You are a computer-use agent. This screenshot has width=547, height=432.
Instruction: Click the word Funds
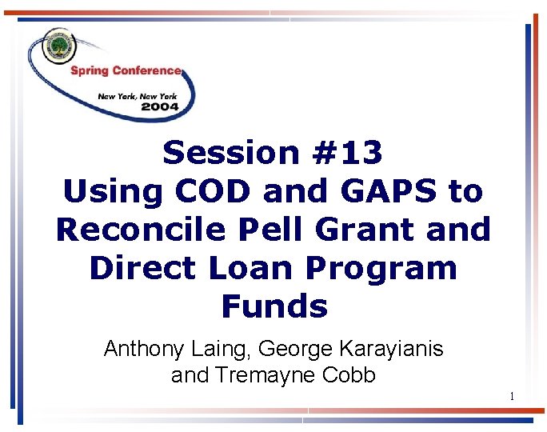coord(274,306)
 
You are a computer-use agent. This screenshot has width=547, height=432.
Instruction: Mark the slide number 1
coord(512,398)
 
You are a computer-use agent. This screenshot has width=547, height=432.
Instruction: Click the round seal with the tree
coord(59,46)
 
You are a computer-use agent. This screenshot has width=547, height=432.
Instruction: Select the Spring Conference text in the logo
coord(126,70)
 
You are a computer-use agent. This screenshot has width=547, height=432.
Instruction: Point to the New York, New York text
coord(137,95)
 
